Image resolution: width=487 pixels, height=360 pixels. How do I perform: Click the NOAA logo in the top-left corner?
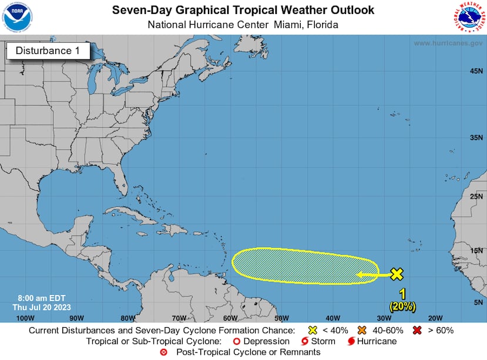coord(18,18)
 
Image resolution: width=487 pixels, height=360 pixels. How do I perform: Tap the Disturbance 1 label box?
coord(48,51)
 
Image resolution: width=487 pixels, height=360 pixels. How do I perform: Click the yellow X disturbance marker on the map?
coord(397,274)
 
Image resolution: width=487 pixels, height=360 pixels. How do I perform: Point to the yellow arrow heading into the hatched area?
coord(374,274)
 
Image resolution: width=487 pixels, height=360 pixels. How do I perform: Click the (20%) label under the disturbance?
coord(402,306)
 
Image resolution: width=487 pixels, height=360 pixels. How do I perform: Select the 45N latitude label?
coord(476,72)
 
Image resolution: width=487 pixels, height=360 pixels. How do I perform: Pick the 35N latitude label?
coord(476,137)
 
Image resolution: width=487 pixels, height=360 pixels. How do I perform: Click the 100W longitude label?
coord(25,318)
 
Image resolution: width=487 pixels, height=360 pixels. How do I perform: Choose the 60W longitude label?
coord(230,318)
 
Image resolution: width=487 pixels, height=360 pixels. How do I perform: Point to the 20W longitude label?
coord(435,318)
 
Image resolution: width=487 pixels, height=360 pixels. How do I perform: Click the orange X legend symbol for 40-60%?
coord(362,329)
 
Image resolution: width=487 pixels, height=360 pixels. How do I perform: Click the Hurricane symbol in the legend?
coord(351,341)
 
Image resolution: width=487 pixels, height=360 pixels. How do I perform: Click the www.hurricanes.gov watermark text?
coord(448,43)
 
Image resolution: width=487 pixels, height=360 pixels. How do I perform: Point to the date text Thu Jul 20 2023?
coord(38,307)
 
